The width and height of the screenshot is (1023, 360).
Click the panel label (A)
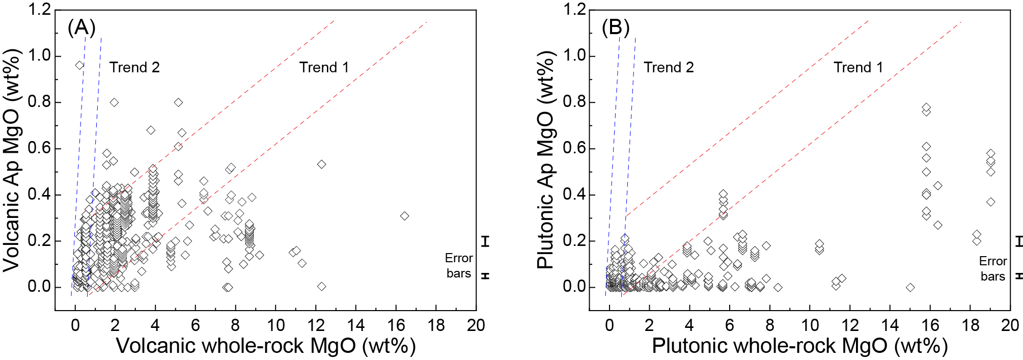pyautogui.click(x=81, y=27)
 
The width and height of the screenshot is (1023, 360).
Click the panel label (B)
pyautogui.click(x=616, y=27)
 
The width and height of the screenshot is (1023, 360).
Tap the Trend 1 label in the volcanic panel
pyautogui.click(x=324, y=67)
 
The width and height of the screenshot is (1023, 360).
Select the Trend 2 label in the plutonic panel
pyautogui.click(x=669, y=67)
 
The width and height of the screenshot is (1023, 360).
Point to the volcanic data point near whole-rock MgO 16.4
pyautogui.click(x=404, y=216)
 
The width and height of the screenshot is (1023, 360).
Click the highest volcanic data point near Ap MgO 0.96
pyautogui.click(x=79, y=65)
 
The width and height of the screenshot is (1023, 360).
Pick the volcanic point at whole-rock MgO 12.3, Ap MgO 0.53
pyautogui.click(x=321, y=164)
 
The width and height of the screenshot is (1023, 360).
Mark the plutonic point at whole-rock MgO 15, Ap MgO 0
pyautogui.click(x=910, y=287)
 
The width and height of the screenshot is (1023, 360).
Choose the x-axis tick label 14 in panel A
pyautogui.click(x=356, y=325)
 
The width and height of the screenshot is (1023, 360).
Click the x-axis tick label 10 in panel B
pyautogui.click(x=810, y=325)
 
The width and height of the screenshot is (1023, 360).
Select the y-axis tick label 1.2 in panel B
pyautogui.click(x=574, y=10)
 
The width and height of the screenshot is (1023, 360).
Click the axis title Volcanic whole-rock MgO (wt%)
pyautogui.click(x=266, y=346)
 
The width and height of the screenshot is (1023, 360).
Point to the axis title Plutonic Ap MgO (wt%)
pyautogui.click(x=545, y=160)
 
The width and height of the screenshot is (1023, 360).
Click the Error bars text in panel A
pyautogui.click(x=458, y=266)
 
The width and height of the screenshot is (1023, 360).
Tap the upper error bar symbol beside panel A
pyautogui.click(x=486, y=241)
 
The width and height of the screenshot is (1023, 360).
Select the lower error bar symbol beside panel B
pyautogui.click(x=1019, y=275)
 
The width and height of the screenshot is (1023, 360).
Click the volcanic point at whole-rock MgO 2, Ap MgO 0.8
pyautogui.click(x=114, y=102)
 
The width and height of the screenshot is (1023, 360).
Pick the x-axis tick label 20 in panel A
pyautogui.click(x=476, y=325)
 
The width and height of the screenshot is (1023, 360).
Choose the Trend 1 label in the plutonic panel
pyautogui.click(x=858, y=67)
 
